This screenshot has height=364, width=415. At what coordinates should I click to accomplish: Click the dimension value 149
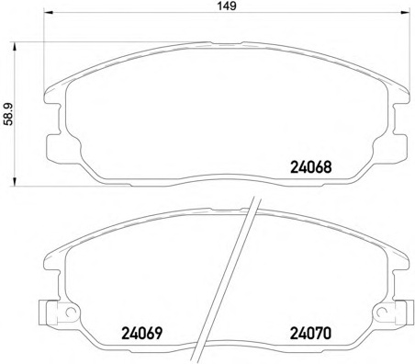227,6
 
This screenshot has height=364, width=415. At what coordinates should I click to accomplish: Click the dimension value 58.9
9,114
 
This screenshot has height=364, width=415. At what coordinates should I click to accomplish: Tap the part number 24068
310,167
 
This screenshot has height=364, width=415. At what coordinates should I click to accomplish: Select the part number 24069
141,334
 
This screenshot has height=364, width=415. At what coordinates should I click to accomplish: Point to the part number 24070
310,334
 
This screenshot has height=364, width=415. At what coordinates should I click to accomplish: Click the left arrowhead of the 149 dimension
49,12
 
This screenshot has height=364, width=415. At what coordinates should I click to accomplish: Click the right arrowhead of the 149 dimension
405,12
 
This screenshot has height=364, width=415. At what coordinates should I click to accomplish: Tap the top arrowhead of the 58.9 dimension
14,47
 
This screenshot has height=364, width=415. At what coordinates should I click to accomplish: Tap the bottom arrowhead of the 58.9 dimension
14,181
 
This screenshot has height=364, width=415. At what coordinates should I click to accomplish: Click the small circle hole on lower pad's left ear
71,312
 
